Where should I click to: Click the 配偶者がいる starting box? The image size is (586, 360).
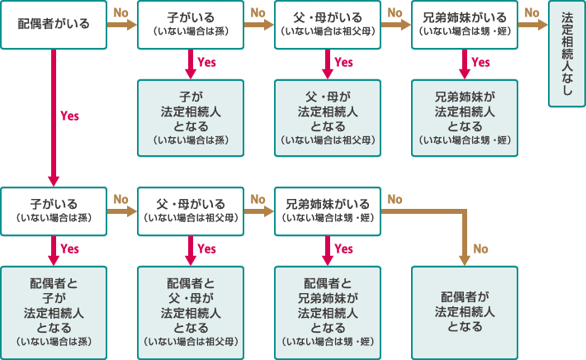pos(54,25)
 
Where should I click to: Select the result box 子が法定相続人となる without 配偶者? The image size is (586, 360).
pos(191,117)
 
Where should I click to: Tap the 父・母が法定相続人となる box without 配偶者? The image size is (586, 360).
pos(328,117)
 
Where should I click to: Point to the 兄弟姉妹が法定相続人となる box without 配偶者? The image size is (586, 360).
pos(465,117)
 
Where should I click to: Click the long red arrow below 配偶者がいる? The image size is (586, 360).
pos(54,116)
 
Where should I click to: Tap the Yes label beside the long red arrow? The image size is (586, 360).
pos(70,116)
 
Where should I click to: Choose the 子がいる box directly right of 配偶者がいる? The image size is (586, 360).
pos(191,25)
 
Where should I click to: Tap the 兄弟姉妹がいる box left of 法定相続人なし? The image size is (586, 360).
pos(465,25)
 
